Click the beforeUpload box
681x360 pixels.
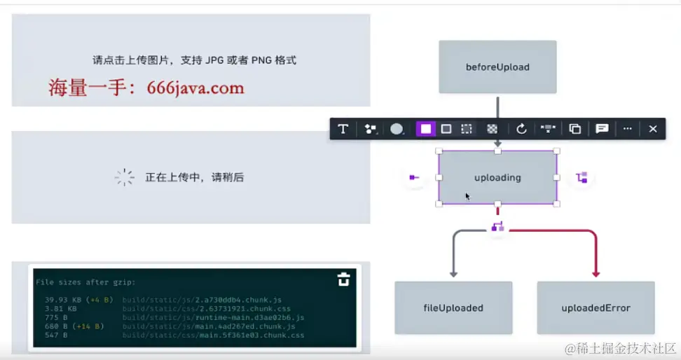[497, 67]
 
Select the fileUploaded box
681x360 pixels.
[453, 307]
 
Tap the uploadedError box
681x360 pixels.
[596, 307]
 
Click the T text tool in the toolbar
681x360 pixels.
[343, 129]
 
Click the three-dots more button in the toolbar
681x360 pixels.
[627, 129]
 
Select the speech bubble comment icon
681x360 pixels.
[601, 129]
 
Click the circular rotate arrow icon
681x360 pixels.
[521, 129]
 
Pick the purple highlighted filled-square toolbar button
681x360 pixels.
[425, 129]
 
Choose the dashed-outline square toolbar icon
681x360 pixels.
[466, 129]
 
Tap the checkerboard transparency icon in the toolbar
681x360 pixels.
[493, 129]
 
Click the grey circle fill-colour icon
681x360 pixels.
[397, 129]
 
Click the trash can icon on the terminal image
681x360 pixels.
[343, 279]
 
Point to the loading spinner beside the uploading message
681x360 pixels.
[124, 177]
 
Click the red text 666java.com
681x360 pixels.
[195, 88]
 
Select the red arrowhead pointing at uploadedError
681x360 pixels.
[596, 274]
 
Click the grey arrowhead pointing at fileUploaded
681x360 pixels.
[453, 274]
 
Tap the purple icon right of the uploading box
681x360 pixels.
[582, 178]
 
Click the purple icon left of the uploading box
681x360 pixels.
[414, 178]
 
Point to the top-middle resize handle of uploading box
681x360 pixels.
[497, 151]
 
